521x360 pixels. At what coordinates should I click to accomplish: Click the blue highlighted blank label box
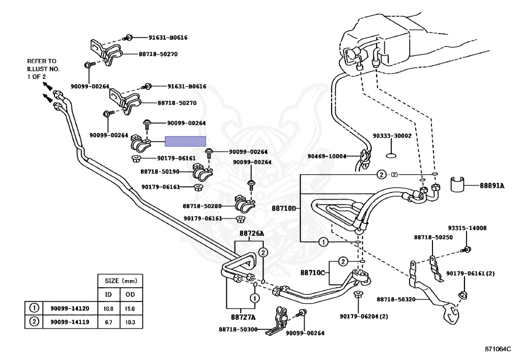click(185, 142)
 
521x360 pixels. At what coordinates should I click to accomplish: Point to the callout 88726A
click(252, 234)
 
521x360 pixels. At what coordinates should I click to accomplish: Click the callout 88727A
click(242, 317)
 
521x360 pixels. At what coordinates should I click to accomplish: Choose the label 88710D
click(283, 208)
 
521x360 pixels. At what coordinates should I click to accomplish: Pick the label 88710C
click(312, 272)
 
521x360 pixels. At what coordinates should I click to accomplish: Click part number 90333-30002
click(392, 136)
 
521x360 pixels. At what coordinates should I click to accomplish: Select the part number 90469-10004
click(326, 156)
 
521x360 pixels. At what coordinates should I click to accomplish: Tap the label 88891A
click(491, 186)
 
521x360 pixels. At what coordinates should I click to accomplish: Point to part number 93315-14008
click(467, 228)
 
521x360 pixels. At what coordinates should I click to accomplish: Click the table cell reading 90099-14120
click(69, 309)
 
